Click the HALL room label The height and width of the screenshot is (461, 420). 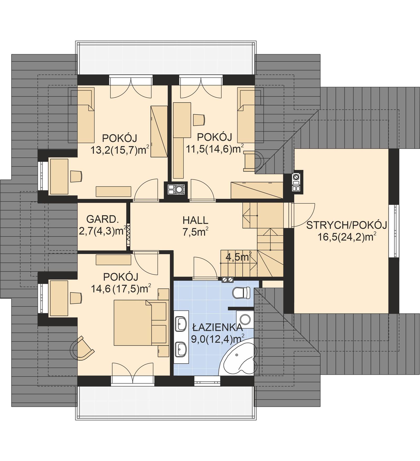(x=195, y=220)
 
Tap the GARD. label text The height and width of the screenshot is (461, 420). (x=101, y=219)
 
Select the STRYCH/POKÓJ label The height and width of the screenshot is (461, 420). (x=347, y=225)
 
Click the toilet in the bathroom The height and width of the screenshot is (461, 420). (x=241, y=293)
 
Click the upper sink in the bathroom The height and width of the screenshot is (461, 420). (x=181, y=324)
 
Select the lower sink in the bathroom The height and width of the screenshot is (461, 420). (x=181, y=349)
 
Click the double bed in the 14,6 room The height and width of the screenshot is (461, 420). (x=133, y=323)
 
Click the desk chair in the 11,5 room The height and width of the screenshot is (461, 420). (x=198, y=120)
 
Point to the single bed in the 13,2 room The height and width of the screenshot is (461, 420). (x=86, y=115)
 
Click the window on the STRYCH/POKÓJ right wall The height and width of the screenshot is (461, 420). (x=393, y=231)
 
